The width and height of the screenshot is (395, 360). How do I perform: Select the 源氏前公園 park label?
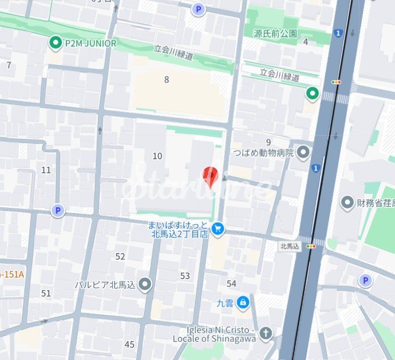(275, 34)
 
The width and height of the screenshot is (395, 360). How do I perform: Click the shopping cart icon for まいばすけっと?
(217, 229)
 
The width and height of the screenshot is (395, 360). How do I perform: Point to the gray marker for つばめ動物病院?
(303, 152)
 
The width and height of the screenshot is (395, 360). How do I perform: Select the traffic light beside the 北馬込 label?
(312, 246)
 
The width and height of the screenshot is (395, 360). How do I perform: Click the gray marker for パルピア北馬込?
(145, 285)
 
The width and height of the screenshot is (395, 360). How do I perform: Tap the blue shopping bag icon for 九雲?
(243, 302)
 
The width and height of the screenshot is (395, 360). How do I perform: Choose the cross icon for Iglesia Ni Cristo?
(266, 333)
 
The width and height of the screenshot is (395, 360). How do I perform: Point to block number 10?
(157, 156)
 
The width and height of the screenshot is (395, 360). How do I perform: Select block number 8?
(167, 79)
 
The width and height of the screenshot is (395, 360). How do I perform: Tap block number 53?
(185, 276)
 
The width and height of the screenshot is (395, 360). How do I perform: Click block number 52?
(120, 257)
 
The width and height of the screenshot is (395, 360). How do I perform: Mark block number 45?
(130, 345)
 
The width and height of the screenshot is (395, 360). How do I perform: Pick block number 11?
(46, 170)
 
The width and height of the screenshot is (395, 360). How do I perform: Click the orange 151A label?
(9, 274)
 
